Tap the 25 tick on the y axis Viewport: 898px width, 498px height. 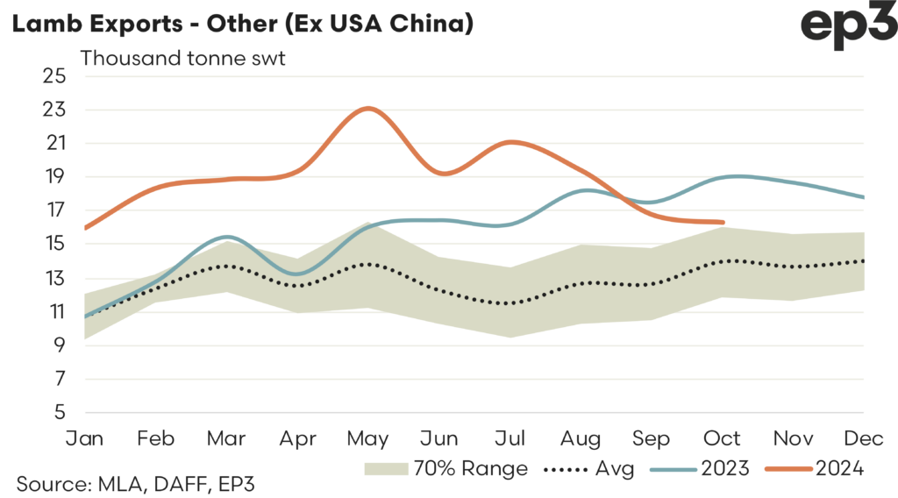tap(54, 75)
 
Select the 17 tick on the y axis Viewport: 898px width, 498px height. tap(54, 210)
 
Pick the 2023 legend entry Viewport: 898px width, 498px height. tap(701, 469)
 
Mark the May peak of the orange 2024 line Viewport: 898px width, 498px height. tap(368, 109)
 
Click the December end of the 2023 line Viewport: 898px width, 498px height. tap(864, 197)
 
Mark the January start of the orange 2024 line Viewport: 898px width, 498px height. tap(85, 228)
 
